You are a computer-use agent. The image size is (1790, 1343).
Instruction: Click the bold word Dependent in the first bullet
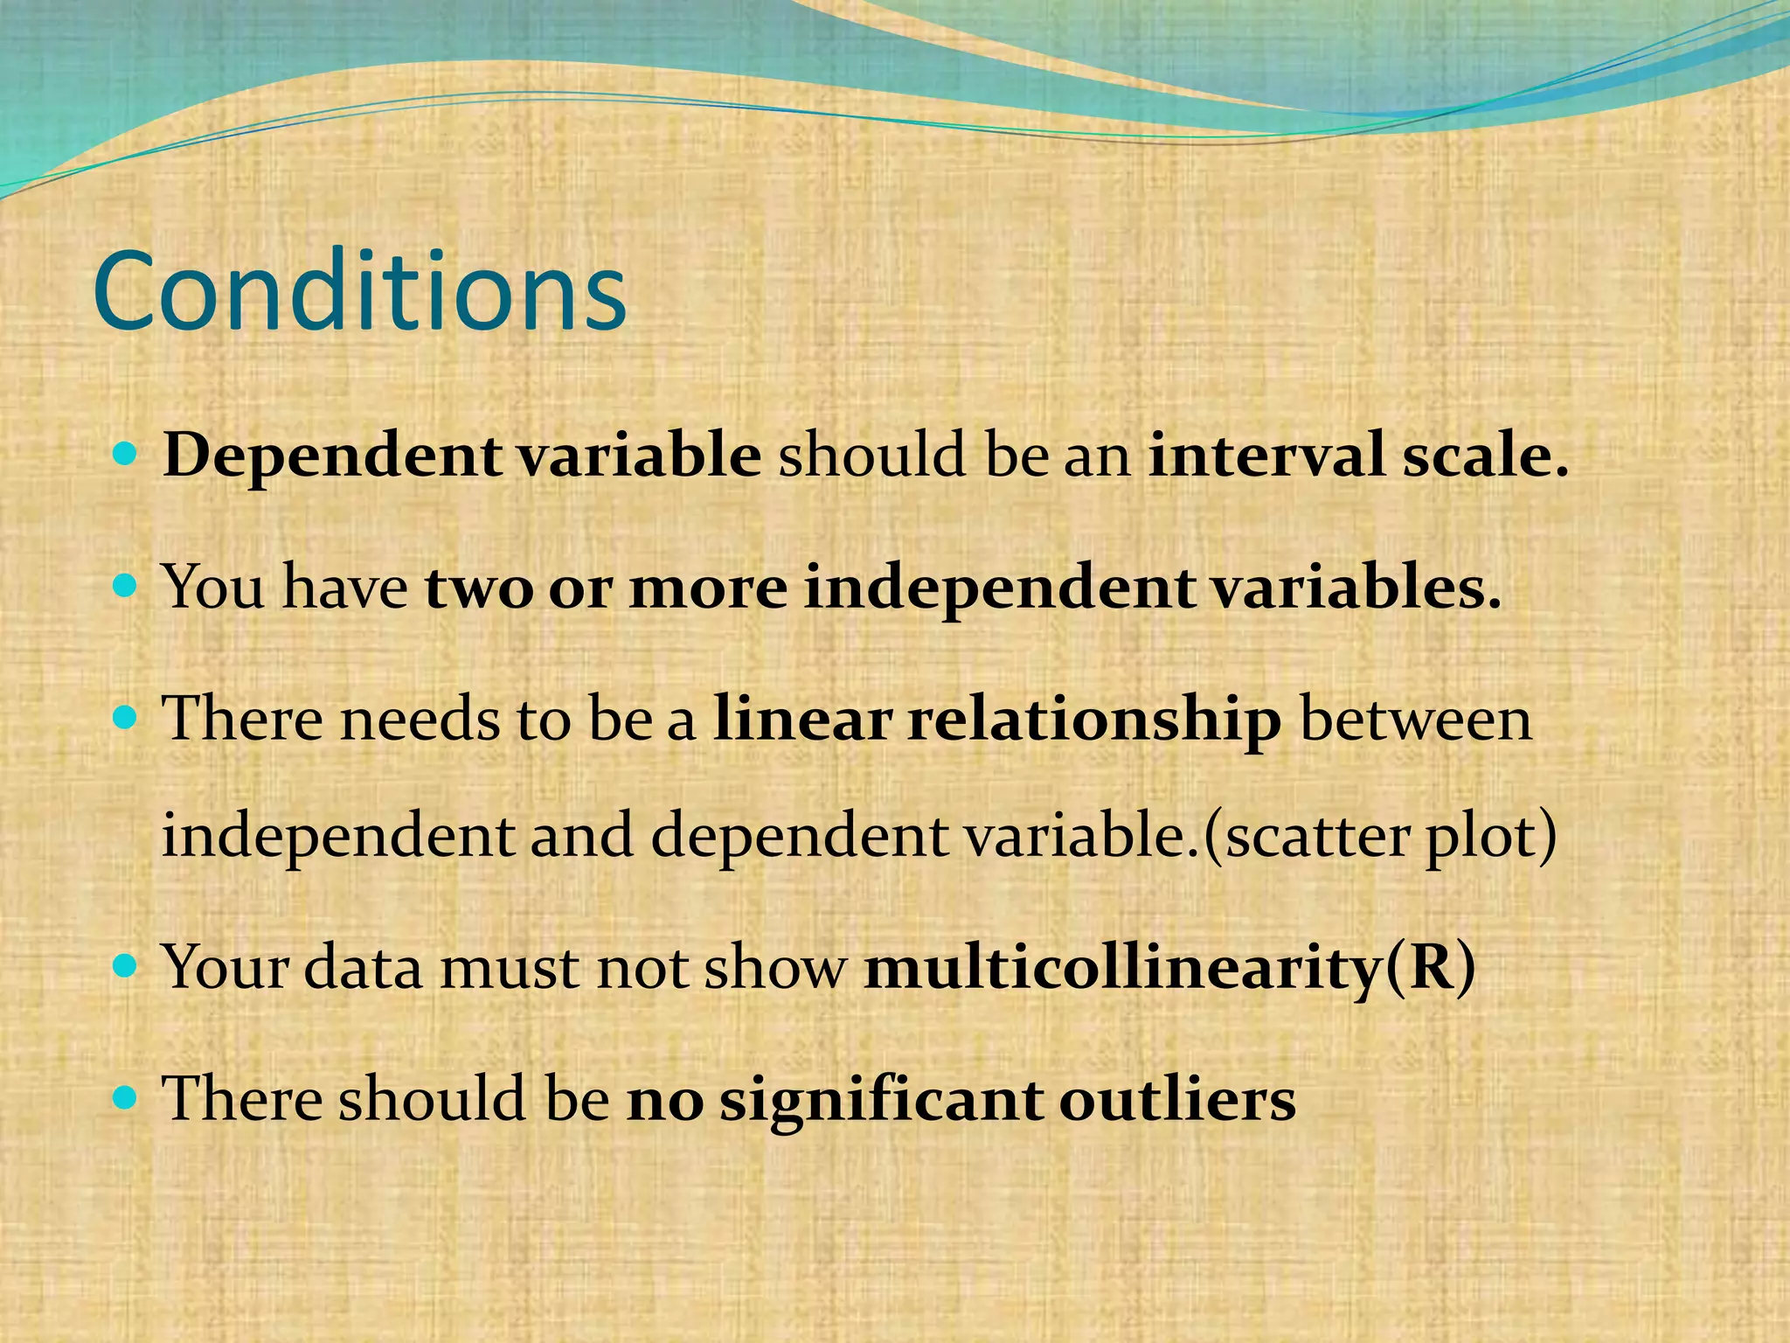[x=332, y=456]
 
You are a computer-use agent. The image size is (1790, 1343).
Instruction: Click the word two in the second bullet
[x=478, y=588]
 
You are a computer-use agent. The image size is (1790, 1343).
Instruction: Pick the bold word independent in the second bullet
[x=998, y=588]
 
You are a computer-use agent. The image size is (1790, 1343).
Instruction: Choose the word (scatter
[x=1306, y=836]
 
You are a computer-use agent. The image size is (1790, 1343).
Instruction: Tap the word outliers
[x=1177, y=1098]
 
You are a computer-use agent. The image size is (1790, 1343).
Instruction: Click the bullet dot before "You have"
[x=127, y=584]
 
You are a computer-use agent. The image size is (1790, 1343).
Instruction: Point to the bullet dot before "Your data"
[x=127, y=965]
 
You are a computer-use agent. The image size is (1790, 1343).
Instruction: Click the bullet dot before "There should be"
[x=127, y=1096]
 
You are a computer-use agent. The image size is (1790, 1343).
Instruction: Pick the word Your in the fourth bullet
[x=225, y=967]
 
